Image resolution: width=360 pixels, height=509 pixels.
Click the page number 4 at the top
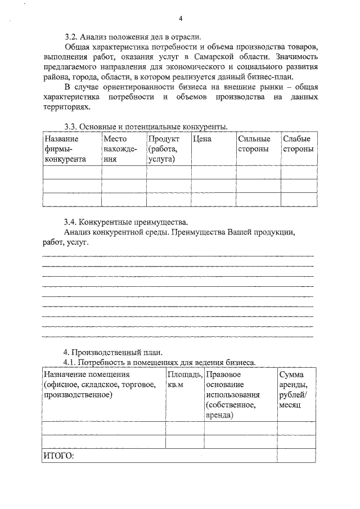click(181, 17)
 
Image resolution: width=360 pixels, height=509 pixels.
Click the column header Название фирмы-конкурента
click(65, 149)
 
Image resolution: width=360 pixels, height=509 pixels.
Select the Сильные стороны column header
click(254, 144)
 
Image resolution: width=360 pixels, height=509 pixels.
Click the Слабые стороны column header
click(298, 144)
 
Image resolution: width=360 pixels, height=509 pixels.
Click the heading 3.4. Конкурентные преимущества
click(127, 222)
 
